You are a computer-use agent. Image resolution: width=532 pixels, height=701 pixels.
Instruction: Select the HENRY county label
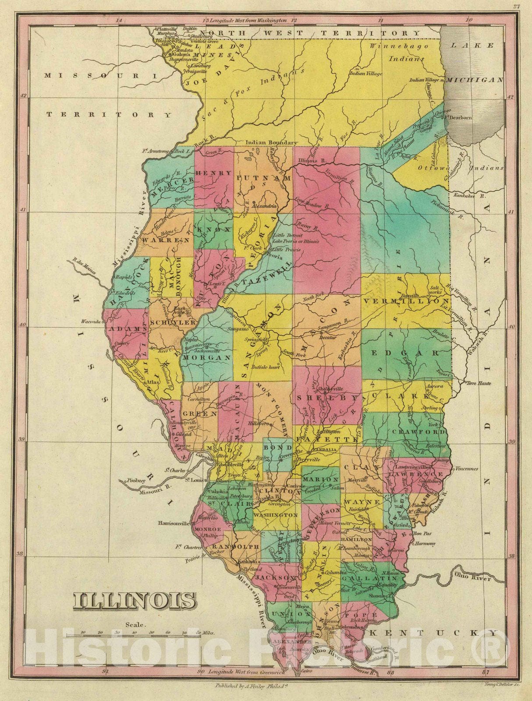213,173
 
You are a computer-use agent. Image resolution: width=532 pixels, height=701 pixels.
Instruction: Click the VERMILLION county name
406,302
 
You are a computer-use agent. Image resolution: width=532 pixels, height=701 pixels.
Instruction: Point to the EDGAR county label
406,353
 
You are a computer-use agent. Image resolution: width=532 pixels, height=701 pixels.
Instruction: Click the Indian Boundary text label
271,142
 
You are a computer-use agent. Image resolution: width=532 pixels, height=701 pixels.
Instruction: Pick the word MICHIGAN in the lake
476,80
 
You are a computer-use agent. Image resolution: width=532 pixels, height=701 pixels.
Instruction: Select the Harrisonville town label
174,523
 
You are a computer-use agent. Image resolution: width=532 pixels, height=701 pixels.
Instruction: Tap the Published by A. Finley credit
248,686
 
